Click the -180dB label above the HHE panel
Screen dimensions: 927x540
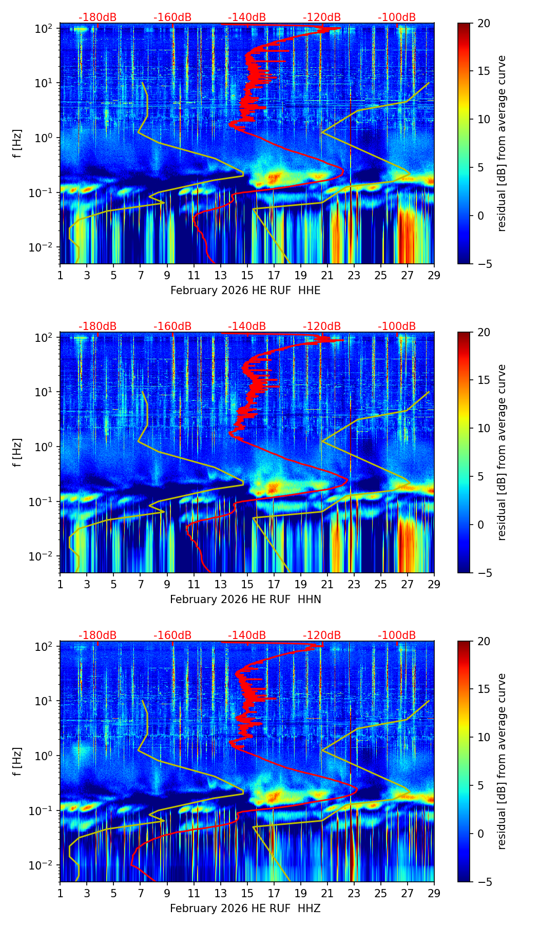coord(98,17)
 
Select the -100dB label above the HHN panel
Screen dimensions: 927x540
coord(397,326)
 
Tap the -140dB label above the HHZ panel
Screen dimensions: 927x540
coord(247,635)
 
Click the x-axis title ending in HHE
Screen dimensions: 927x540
coord(245,291)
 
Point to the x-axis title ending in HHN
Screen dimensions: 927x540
coord(245,600)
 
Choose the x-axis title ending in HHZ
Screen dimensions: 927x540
coord(245,909)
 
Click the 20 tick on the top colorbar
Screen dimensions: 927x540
coord(484,23)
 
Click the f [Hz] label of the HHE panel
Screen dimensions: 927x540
coord(17,144)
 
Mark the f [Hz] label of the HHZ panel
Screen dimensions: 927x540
coord(17,762)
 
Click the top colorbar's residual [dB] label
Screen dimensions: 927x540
coord(502,144)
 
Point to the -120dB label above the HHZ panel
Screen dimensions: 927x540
coord(322,635)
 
